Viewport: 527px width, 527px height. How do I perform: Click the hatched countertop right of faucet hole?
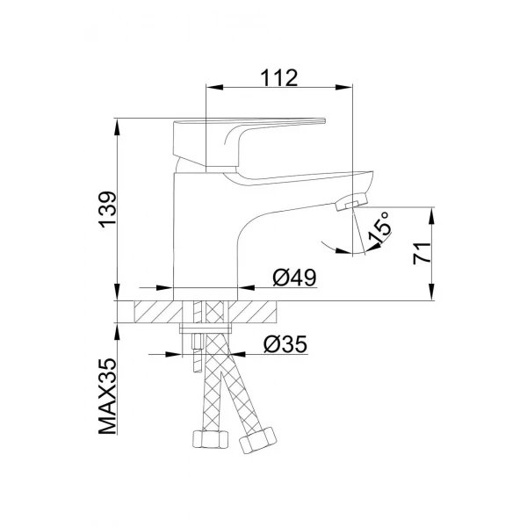pyautogui.click(x=255, y=313)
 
